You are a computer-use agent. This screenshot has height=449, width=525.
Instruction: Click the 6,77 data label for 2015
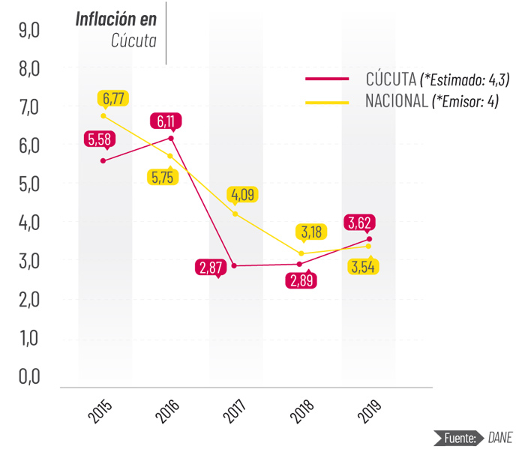114,98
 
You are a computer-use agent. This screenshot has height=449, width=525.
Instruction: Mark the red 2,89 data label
301,281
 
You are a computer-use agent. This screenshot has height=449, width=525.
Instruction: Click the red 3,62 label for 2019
359,222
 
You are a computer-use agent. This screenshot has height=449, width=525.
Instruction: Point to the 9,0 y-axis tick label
30,30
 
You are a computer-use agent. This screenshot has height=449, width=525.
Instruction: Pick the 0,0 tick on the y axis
30,376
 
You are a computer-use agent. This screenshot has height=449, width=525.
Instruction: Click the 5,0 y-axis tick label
30,184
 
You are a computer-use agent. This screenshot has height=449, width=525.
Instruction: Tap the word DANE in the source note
501,437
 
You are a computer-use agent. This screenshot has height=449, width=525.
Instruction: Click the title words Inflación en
116,19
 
